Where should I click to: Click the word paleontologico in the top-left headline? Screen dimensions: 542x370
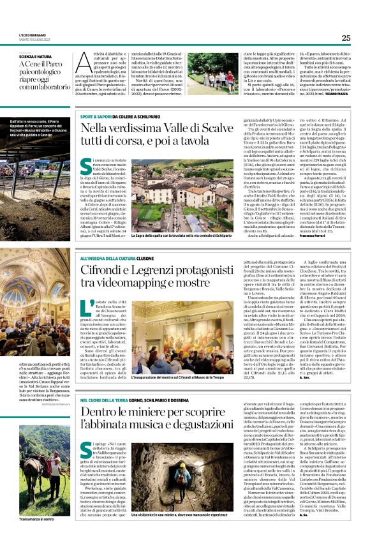[x=40, y=72]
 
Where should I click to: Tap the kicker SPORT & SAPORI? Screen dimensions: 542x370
[x=96, y=118]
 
